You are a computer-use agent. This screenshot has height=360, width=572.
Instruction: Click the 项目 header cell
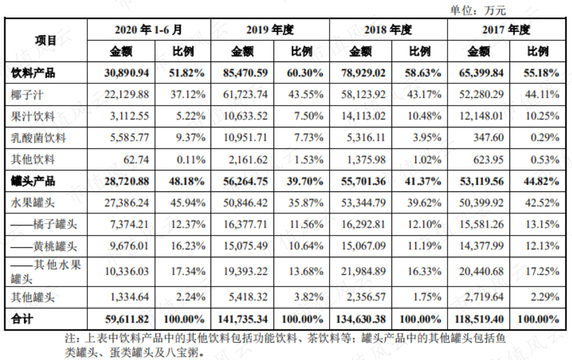(x=46, y=40)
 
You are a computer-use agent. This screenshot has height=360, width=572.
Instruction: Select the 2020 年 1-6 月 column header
(x=149, y=30)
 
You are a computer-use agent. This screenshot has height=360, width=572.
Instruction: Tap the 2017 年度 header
(x=506, y=30)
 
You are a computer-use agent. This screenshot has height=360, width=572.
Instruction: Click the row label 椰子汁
(x=27, y=95)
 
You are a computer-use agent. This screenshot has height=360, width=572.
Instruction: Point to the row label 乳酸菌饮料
(x=38, y=138)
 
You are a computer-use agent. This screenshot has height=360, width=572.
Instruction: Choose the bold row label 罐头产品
(x=33, y=181)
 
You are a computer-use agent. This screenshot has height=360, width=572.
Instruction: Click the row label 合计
(x=22, y=319)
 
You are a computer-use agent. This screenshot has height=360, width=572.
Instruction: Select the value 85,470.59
(x=245, y=73)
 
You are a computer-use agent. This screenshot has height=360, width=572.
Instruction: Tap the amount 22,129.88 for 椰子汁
(x=126, y=95)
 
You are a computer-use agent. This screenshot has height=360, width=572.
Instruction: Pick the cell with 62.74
(x=136, y=160)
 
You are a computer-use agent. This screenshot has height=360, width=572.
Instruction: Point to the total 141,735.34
(x=242, y=319)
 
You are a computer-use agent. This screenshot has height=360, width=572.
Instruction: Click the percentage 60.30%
(x=305, y=73)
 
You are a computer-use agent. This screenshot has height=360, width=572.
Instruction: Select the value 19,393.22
(x=245, y=271)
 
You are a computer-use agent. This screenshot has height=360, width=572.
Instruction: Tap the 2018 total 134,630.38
(x=361, y=319)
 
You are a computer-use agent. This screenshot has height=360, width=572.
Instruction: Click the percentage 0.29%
(x=545, y=138)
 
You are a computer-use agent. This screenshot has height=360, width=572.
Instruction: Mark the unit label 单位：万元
(x=478, y=10)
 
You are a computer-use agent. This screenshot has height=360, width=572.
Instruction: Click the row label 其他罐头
(x=33, y=297)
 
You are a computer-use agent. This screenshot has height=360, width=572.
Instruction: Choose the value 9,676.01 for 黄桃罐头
(x=129, y=246)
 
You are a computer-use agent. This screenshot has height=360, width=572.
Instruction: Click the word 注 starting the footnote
(x=70, y=338)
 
